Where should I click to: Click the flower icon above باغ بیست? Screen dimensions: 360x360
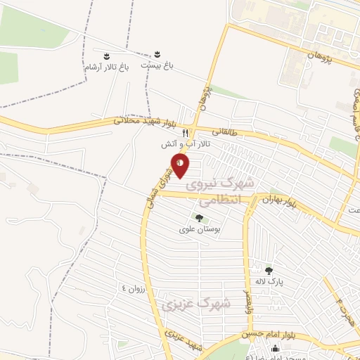click(157, 54)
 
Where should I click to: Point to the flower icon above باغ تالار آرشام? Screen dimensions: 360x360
click(107, 56)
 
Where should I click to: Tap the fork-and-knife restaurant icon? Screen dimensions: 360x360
click(185, 132)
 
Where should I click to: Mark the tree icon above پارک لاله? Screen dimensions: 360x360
click(268, 269)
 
